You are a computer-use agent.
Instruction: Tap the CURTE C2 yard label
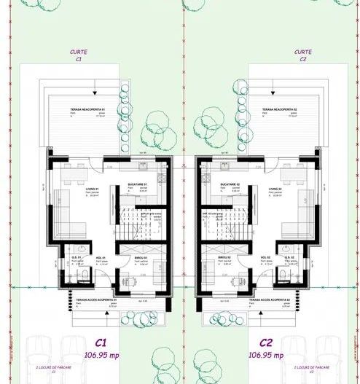tap(303, 56)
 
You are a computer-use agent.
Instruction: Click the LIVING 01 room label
tap(92, 188)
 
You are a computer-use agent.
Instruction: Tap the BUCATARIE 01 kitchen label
tap(138, 184)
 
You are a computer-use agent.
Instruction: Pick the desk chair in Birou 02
tap(234, 278)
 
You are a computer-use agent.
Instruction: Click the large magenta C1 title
tap(101, 342)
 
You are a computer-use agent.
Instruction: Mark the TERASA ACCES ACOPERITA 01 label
tap(93, 299)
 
